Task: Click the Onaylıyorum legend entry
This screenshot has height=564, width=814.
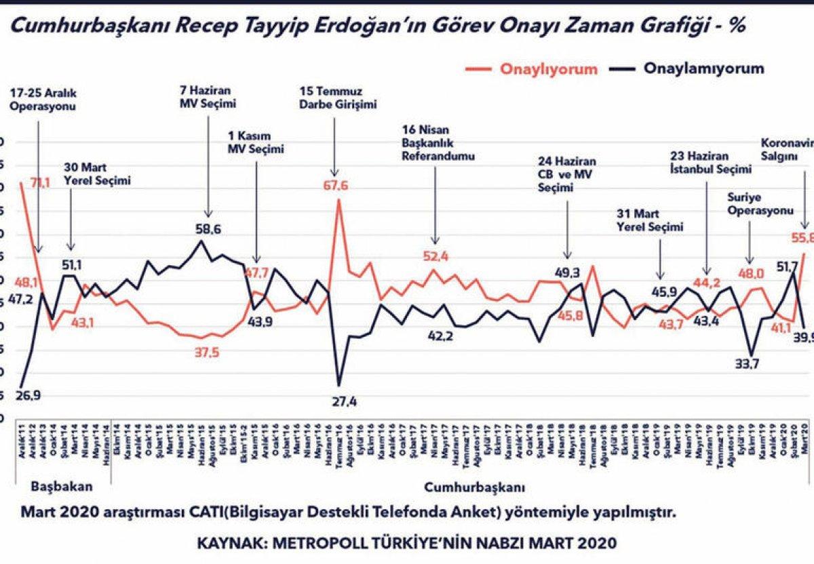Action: (x=549, y=69)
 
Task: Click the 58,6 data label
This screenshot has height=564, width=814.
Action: (x=207, y=230)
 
